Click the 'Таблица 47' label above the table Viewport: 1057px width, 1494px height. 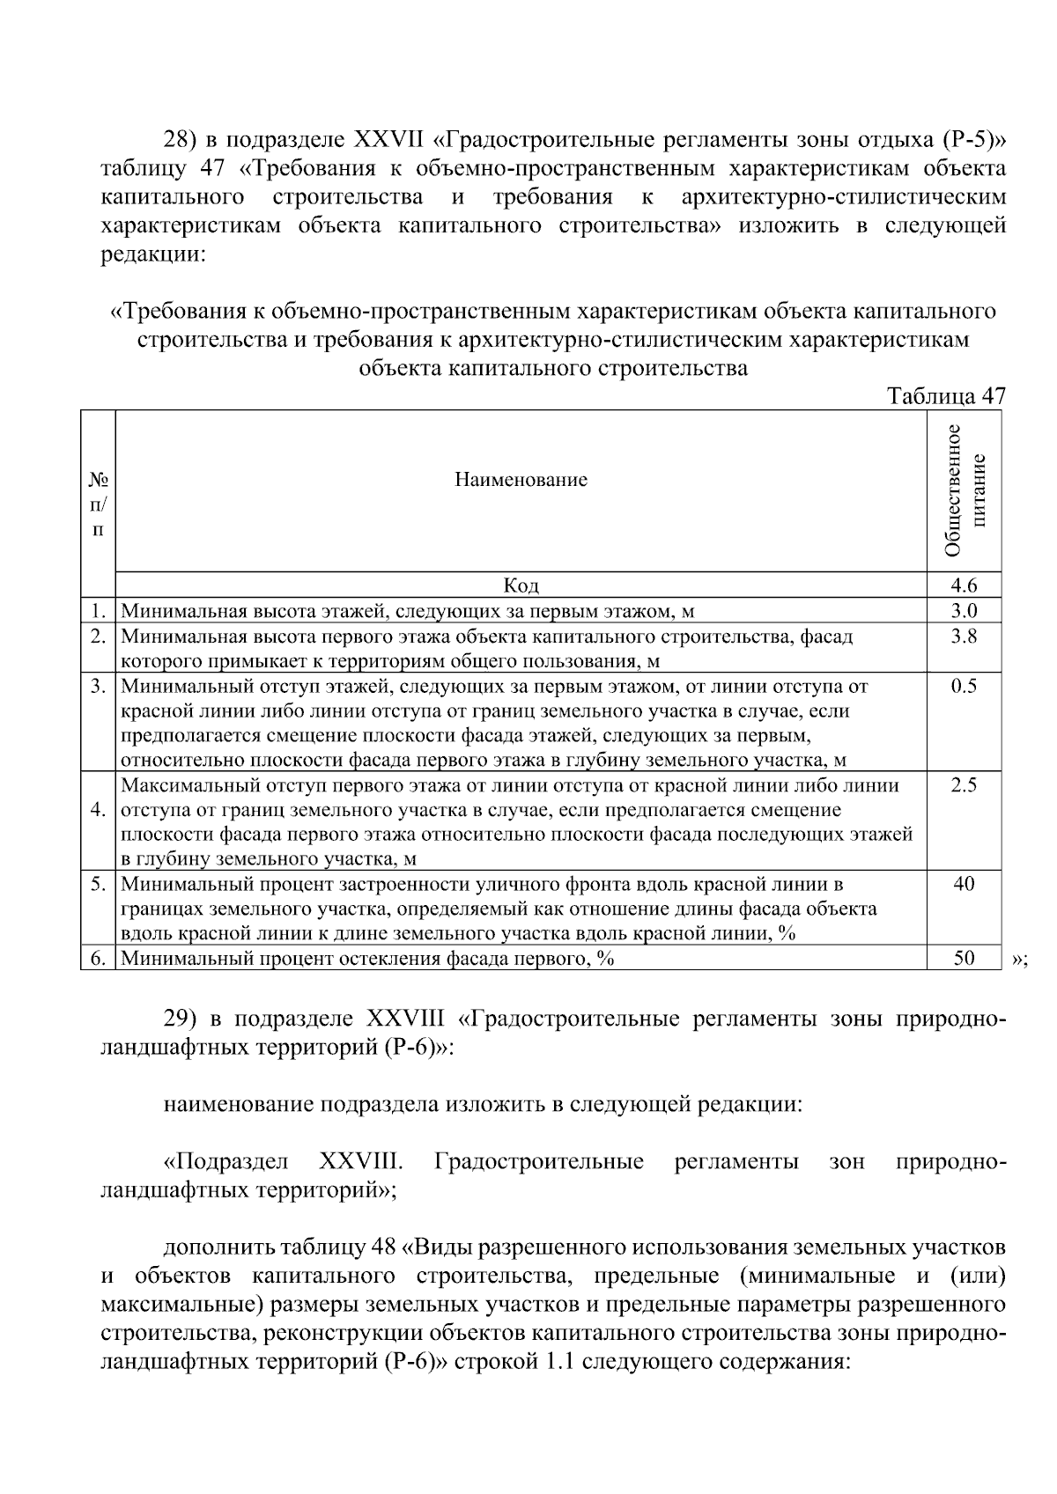[x=946, y=396]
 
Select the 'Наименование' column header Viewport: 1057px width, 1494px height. [x=521, y=480]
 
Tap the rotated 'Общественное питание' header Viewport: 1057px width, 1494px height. [x=964, y=490]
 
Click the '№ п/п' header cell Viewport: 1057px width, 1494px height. [x=98, y=504]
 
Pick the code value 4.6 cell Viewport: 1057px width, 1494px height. [x=964, y=585]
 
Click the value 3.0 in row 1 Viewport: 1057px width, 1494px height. [x=964, y=611]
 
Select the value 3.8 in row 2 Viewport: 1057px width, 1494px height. [x=964, y=636]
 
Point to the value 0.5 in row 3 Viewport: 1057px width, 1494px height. [x=964, y=686]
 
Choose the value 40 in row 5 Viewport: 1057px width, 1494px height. [x=964, y=884]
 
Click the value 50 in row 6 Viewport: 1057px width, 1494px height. [x=964, y=959]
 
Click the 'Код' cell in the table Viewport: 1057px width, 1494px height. [x=521, y=585]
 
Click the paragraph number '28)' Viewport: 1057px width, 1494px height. [x=183, y=140]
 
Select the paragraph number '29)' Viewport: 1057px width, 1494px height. [x=183, y=1019]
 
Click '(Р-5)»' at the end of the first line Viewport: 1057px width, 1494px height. [x=973, y=140]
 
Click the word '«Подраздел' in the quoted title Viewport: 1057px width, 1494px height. [x=226, y=1162]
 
